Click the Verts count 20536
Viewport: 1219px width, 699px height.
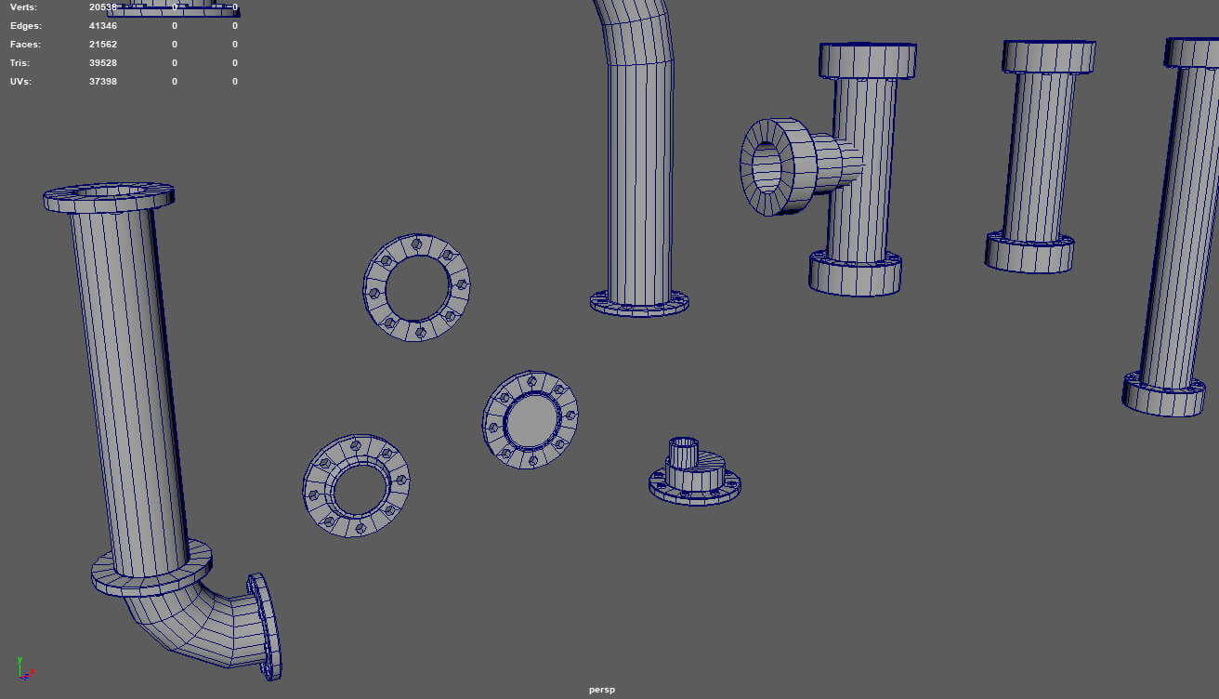click(103, 7)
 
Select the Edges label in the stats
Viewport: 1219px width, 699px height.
click(25, 26)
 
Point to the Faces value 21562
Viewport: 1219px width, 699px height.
click(103, 45)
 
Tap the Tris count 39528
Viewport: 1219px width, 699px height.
click(103, 63)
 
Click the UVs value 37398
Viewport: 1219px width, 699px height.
click(103, 82)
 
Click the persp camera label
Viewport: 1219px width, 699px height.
click(602, 690)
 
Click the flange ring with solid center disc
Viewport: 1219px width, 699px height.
click(531, 420)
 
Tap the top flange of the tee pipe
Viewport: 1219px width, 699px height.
click(868, 61)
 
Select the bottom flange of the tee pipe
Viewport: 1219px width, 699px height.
click(855, 273)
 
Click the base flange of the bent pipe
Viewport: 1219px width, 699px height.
click(639, 303)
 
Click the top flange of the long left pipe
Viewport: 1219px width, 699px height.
click(109, 198)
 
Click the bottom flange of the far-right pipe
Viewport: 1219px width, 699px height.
click(1163, 394)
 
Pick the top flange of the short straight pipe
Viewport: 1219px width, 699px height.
click(1049, 56)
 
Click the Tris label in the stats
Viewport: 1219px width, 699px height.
click(20, 63)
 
